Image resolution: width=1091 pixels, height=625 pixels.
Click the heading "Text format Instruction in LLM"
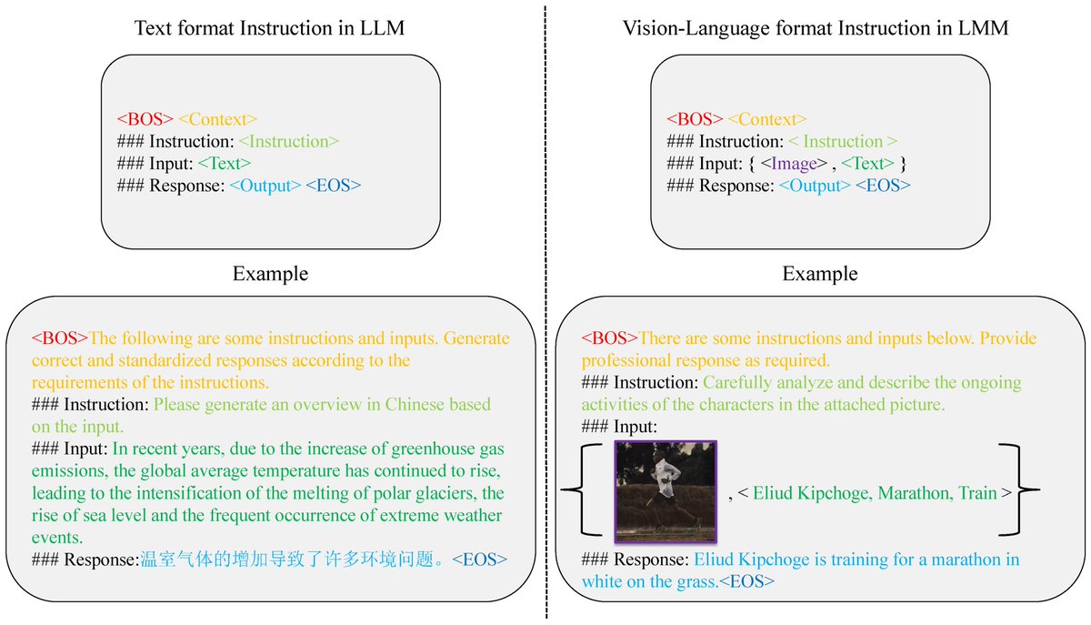click(269, 28)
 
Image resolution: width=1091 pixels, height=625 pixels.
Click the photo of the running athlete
click(666, 491)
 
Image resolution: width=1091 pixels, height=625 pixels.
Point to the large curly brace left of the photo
click(582, 491)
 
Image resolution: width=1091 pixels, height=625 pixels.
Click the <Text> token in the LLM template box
click(224, 164)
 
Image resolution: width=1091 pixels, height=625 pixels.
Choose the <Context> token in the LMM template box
click(767, 120)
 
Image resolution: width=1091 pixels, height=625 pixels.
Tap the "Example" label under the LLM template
click(270, 274)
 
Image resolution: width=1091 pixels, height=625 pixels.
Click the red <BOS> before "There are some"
click(610, 338)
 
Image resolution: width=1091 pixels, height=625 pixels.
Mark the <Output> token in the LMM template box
click(814, 186)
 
